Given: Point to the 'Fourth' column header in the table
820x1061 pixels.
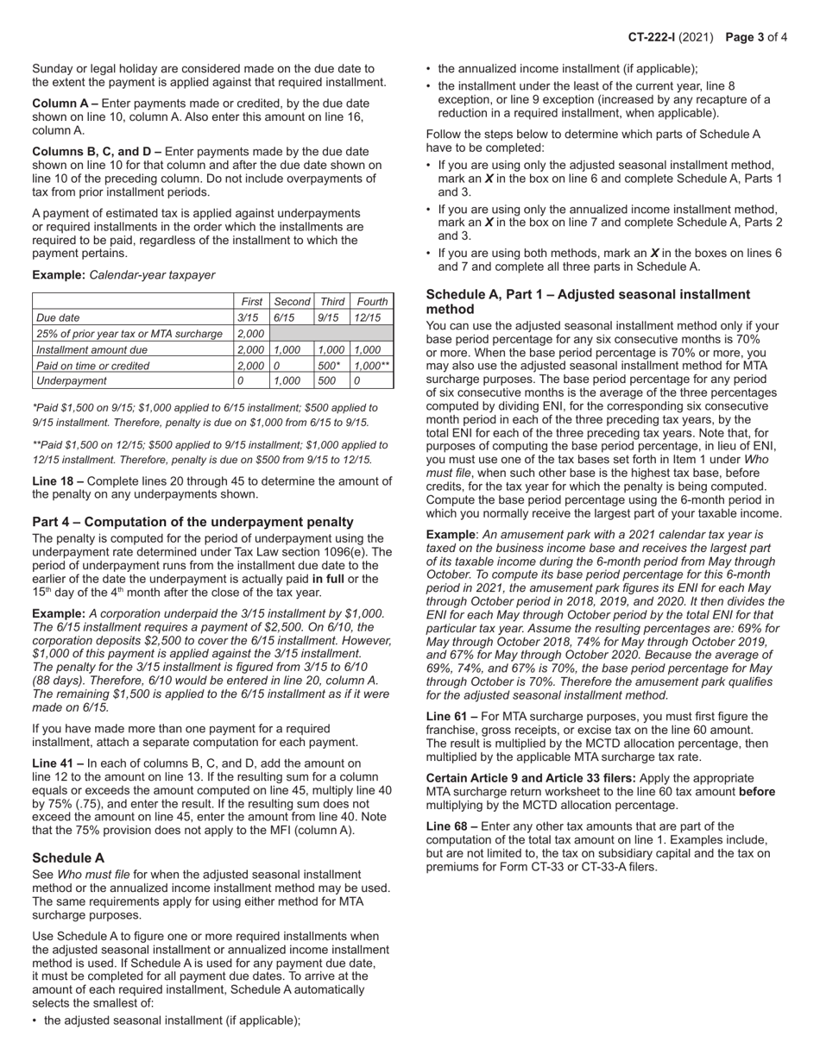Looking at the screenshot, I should (x=371, y=301).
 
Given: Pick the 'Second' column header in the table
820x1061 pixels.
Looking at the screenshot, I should (x=292, y=301).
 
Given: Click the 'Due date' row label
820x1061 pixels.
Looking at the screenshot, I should (x=58, y=317).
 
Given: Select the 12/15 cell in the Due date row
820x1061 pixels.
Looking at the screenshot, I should (x=368, y=317).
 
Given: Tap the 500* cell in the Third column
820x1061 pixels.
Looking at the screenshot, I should (x=329, y=365).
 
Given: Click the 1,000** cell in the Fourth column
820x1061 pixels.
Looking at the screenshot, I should (x=371, y=365).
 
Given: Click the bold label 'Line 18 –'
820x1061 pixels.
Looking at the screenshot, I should (x=58, y=481).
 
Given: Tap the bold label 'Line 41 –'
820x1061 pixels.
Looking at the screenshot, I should (x=58, y=763).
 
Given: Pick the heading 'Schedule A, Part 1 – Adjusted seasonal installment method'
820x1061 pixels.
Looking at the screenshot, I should (x=588, y=302).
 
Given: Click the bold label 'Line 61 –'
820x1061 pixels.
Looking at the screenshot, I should (x=451, y=717).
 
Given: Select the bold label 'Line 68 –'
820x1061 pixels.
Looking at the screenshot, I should (x=451, y=826).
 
